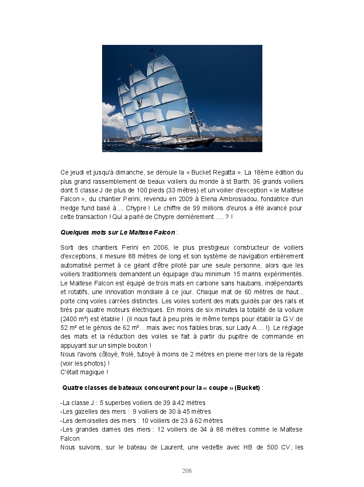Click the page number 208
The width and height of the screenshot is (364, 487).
point(187,471)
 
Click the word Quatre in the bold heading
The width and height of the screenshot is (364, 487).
point(73,388)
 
